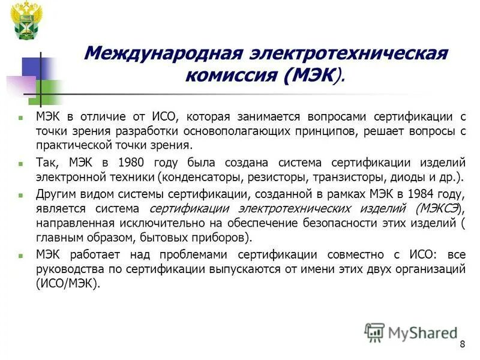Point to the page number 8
462,344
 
